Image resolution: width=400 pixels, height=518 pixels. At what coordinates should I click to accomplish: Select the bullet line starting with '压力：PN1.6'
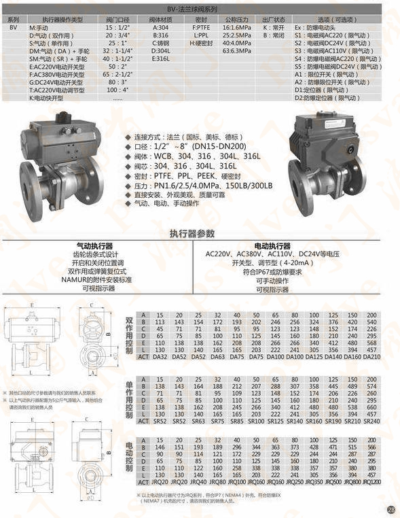click(x=203, y=186)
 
